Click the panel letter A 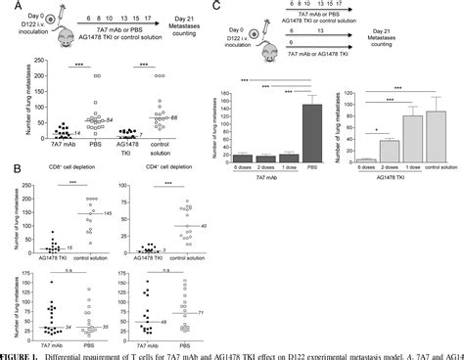(6, 6)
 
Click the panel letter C (238, 6)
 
